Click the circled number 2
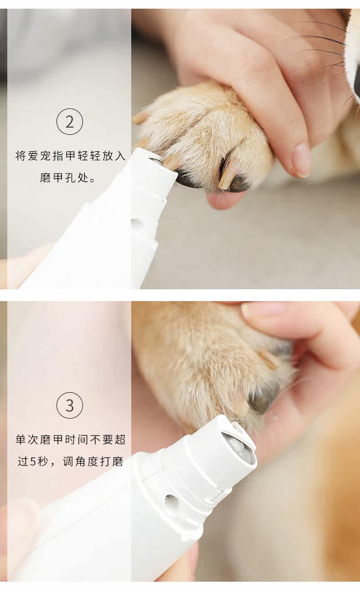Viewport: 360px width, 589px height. pos(70,122)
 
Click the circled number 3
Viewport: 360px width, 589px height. pos(70,405)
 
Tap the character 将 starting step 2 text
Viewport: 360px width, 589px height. pos(21,156)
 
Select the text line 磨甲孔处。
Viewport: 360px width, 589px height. pos(67,178)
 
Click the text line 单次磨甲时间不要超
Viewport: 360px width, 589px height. pos(71,439)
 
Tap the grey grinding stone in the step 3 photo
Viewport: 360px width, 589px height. pos(238,447)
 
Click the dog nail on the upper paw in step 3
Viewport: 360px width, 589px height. pos(268,359)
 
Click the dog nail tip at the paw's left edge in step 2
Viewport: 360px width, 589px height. pos(139,118)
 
